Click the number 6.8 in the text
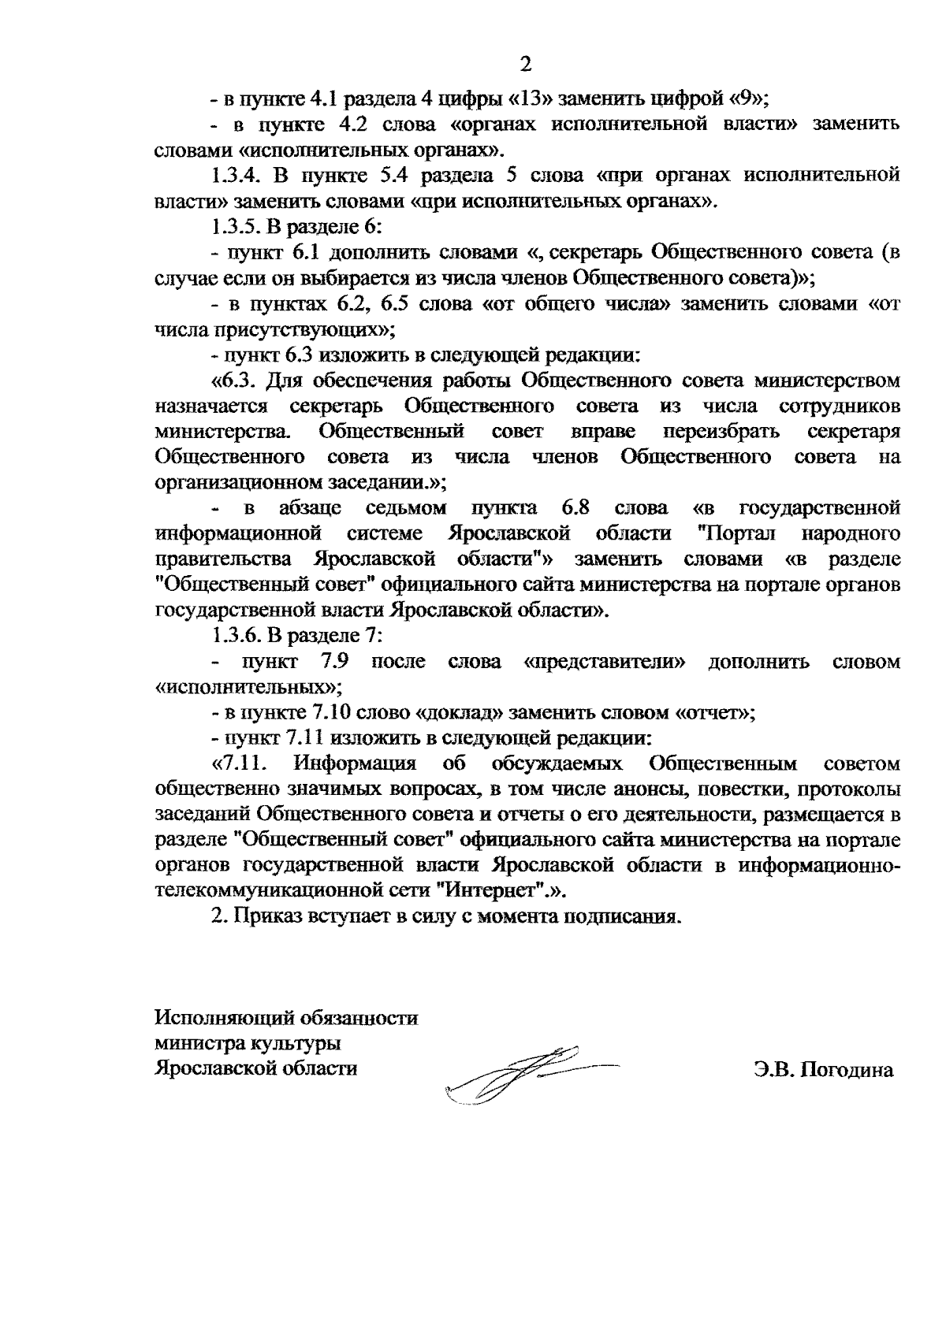tap(577, 508)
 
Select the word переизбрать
tap(721, 432)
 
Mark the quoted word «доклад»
tap(464, 713)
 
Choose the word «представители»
tap(604, 662)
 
